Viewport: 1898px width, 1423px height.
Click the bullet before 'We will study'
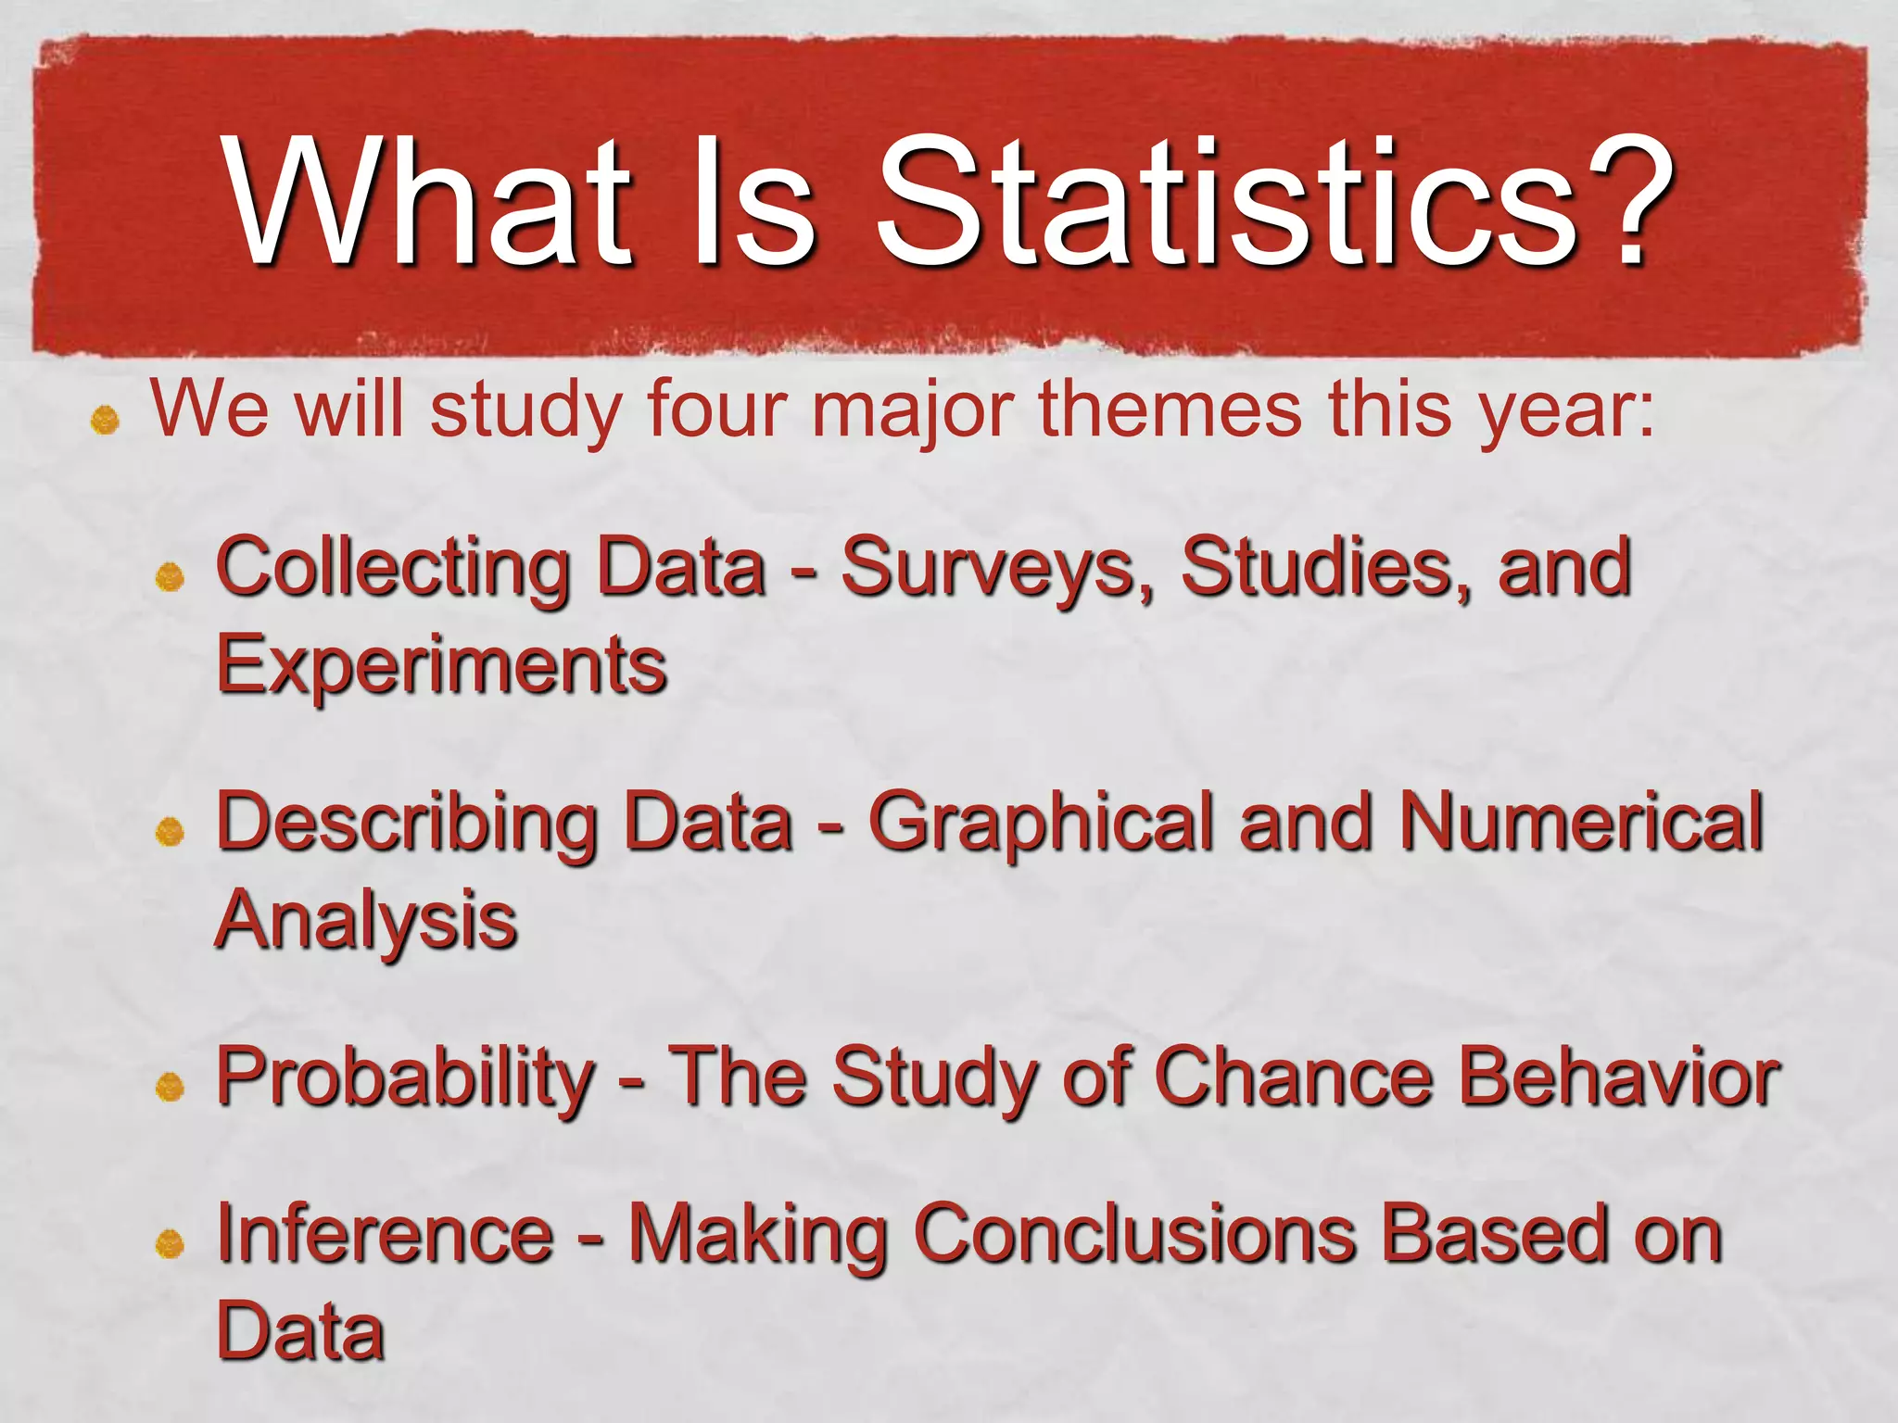105,422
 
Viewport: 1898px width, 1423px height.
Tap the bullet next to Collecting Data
170,578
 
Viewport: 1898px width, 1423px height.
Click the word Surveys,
996,569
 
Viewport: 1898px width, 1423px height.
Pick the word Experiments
441,667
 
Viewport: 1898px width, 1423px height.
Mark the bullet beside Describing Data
170,831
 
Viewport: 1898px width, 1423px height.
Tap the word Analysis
366,921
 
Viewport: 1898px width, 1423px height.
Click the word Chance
1294,1077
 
